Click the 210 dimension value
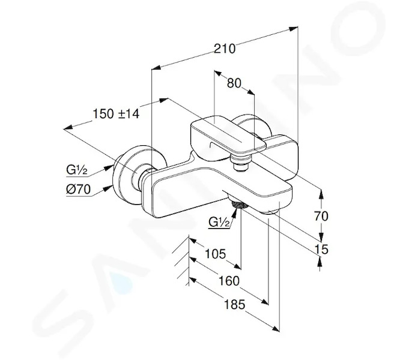pyautogui.click(x=225, y=49)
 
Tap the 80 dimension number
pyautogui.click(x=234, y=83)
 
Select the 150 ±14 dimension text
pyautogui.click(x=116, y=113)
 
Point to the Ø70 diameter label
pyautogui.click(x=78, y=190)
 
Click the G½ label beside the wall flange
pyautogui.click(x=77, y=170)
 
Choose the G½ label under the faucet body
pyautogui.click(x=219, y=222)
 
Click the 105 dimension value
pyautogui.click(x=215, y=253)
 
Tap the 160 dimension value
pyautogui.click(x=229, y=281)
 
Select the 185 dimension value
pyautogui.click(x=234, y=304)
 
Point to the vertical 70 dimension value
pyautogui.click(x=321, y=216)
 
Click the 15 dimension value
pyautogui.click(x=321, y=249)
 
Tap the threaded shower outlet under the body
pyautogui.click(x=240, y=203)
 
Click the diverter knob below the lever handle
pyautogui.click(x=241, y=163)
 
